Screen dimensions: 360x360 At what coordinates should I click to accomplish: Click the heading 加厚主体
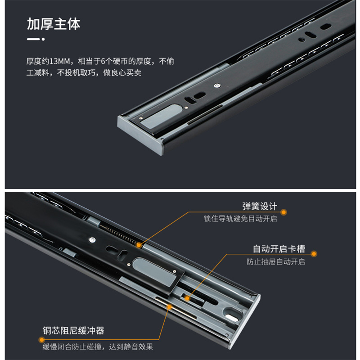54,24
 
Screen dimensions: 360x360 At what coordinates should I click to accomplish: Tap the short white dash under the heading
33,40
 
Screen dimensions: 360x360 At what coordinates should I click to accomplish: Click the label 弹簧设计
260,207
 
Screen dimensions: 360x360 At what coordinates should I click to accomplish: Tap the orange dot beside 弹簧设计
284,212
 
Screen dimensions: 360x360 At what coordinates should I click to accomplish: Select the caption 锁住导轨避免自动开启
240,219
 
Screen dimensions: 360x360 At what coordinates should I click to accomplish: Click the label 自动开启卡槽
279,249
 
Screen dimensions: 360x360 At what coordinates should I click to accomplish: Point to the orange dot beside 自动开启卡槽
315,254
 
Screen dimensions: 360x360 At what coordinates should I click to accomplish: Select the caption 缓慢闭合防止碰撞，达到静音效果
98,346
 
